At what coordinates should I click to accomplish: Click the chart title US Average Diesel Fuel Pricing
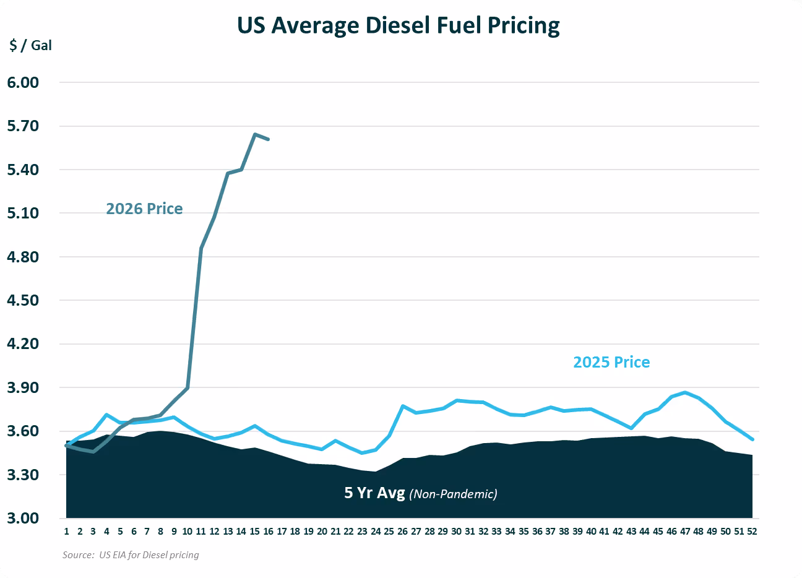pyautogui.click(x=399, y=26)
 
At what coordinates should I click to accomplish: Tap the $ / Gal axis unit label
pyautogui.click(x=31, y=46)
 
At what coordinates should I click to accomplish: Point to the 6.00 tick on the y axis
pyautogui.click(x=23, y=82)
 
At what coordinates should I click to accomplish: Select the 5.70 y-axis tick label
pyautogui.click(x=23, y=126)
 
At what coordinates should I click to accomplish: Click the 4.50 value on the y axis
pyautogui.click(x=23, y=301)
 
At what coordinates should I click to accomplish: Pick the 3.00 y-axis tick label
pyautogui.click(x=23, y=519)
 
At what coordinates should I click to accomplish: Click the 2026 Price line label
pyautogui.click(x=144, y=209)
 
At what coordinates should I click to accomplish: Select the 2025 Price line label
pyautogui.click(x=611, y=363)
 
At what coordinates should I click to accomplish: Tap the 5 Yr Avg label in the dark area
pyautogui.click(x=374, y=493)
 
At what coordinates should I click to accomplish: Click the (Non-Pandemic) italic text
pyautogui.click(x=454, y=494)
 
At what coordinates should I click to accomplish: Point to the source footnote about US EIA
pyautogui.click(x=131, y=555)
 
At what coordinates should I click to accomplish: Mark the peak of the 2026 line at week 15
pyautogui.click(x=255, y=134)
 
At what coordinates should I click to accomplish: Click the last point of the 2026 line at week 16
pyautogui.click(x=268, y=139)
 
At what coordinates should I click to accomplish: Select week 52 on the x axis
pyautogui.click(x=752, y=532)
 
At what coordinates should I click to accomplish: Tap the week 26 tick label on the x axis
pyautogui.click(x=402, y=532)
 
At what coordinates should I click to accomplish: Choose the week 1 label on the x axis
pyautogui.click(x=66, y=532)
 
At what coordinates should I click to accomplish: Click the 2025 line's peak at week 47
pyautogui.click(x=685, y=392)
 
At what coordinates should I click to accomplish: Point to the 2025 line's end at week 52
pyautogui.click(x=752, y=439)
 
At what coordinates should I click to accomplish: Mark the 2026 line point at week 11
pyautogui.click(x=201, y=248)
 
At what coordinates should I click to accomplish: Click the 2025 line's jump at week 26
pyautogui.click(x=402, y=406)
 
